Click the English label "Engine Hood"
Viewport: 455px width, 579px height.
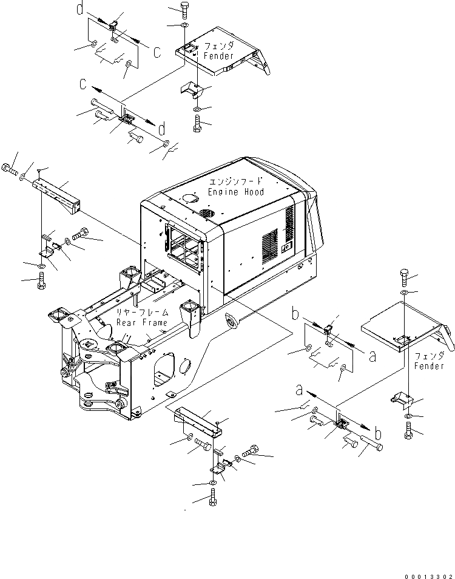pos(236,192)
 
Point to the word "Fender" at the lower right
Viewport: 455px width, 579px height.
pos(430,366)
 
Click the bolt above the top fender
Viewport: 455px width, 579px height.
pos(184,10)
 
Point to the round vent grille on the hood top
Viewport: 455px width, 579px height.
pos(207,214)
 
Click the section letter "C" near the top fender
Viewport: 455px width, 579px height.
pos(157,53)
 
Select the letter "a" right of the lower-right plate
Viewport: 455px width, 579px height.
pos(373,357)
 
